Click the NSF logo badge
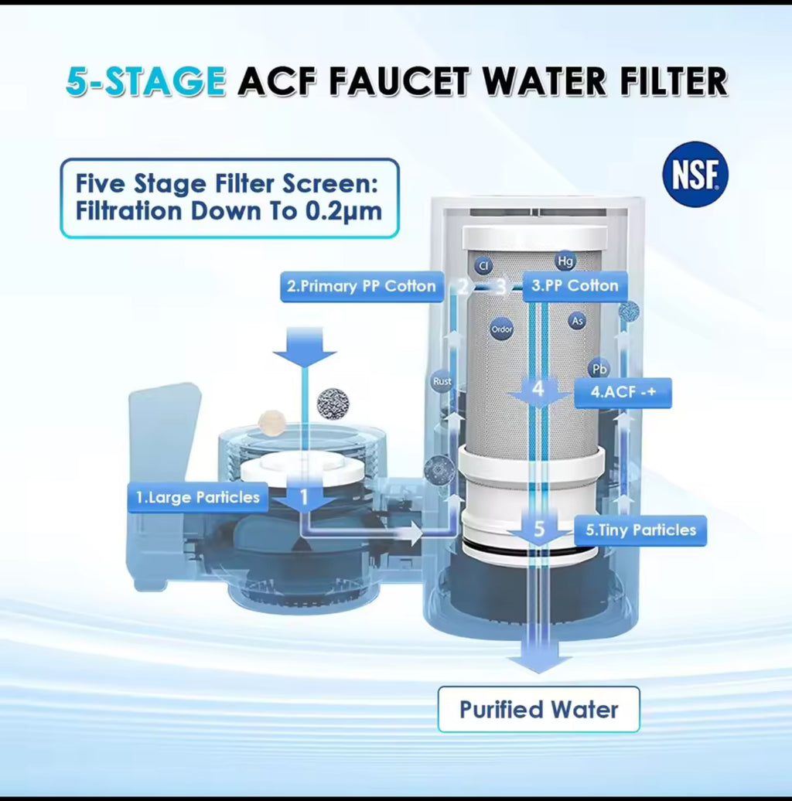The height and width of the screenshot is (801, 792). [695, 174]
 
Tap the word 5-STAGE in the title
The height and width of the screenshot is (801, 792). [146, 80]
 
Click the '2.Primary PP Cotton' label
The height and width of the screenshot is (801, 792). [361, 286]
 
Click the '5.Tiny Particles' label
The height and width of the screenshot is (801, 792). [640, 530]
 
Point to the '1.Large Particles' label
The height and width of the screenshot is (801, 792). [197, 497]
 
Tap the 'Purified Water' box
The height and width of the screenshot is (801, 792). [538, 709]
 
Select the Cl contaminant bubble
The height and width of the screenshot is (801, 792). [483, 266]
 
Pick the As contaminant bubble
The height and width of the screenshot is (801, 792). [576, 320]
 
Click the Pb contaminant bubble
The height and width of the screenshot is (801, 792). [599, 369]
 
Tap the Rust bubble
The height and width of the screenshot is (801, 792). [442, 381]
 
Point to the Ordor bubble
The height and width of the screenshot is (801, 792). [502, 330]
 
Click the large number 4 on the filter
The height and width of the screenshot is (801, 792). [539, 390]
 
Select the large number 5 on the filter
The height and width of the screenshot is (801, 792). [539, 530]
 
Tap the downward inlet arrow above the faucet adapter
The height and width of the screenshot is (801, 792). [305, 348]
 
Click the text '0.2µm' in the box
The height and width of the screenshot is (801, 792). [343, 211]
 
